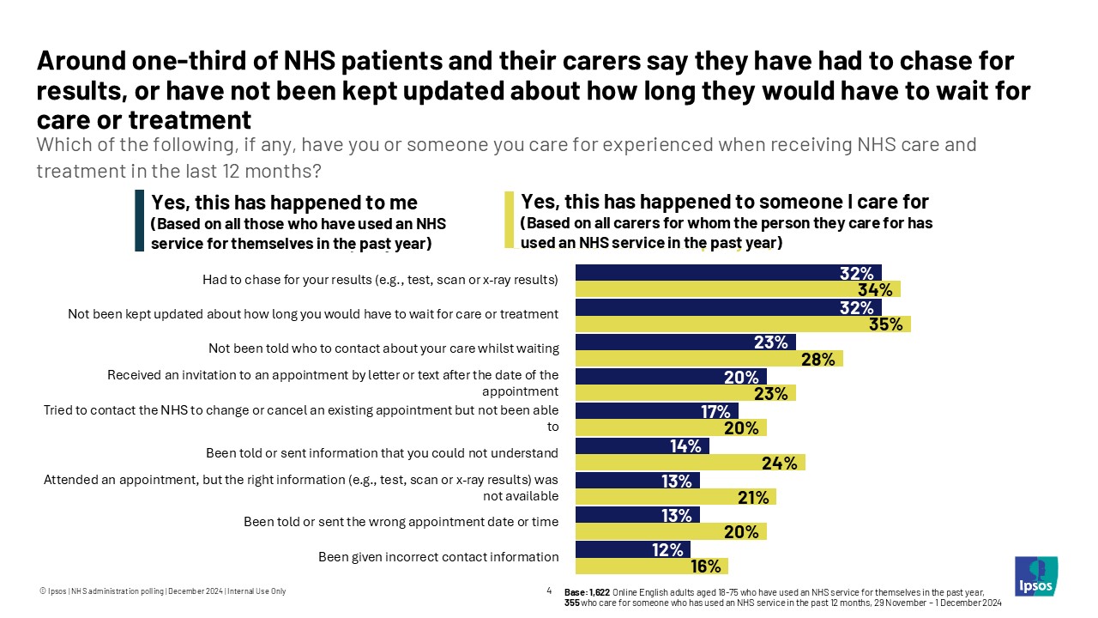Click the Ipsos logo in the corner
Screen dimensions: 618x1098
1035,576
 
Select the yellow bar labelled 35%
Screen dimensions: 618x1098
742,324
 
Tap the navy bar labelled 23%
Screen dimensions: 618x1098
685,342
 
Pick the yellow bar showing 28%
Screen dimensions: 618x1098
709,359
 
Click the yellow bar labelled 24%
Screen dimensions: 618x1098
690,463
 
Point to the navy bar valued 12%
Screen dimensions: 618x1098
632,549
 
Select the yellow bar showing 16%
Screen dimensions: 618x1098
651,566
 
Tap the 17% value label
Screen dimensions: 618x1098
715,411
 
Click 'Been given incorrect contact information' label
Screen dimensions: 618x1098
438,557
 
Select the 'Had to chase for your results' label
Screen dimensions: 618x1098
380,280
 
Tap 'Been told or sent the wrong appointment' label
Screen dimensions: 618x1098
401,522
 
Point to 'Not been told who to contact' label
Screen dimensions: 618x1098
383,348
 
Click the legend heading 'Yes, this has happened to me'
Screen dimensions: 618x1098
284,203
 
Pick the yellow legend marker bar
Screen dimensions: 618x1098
509,220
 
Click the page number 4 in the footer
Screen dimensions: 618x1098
549,591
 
